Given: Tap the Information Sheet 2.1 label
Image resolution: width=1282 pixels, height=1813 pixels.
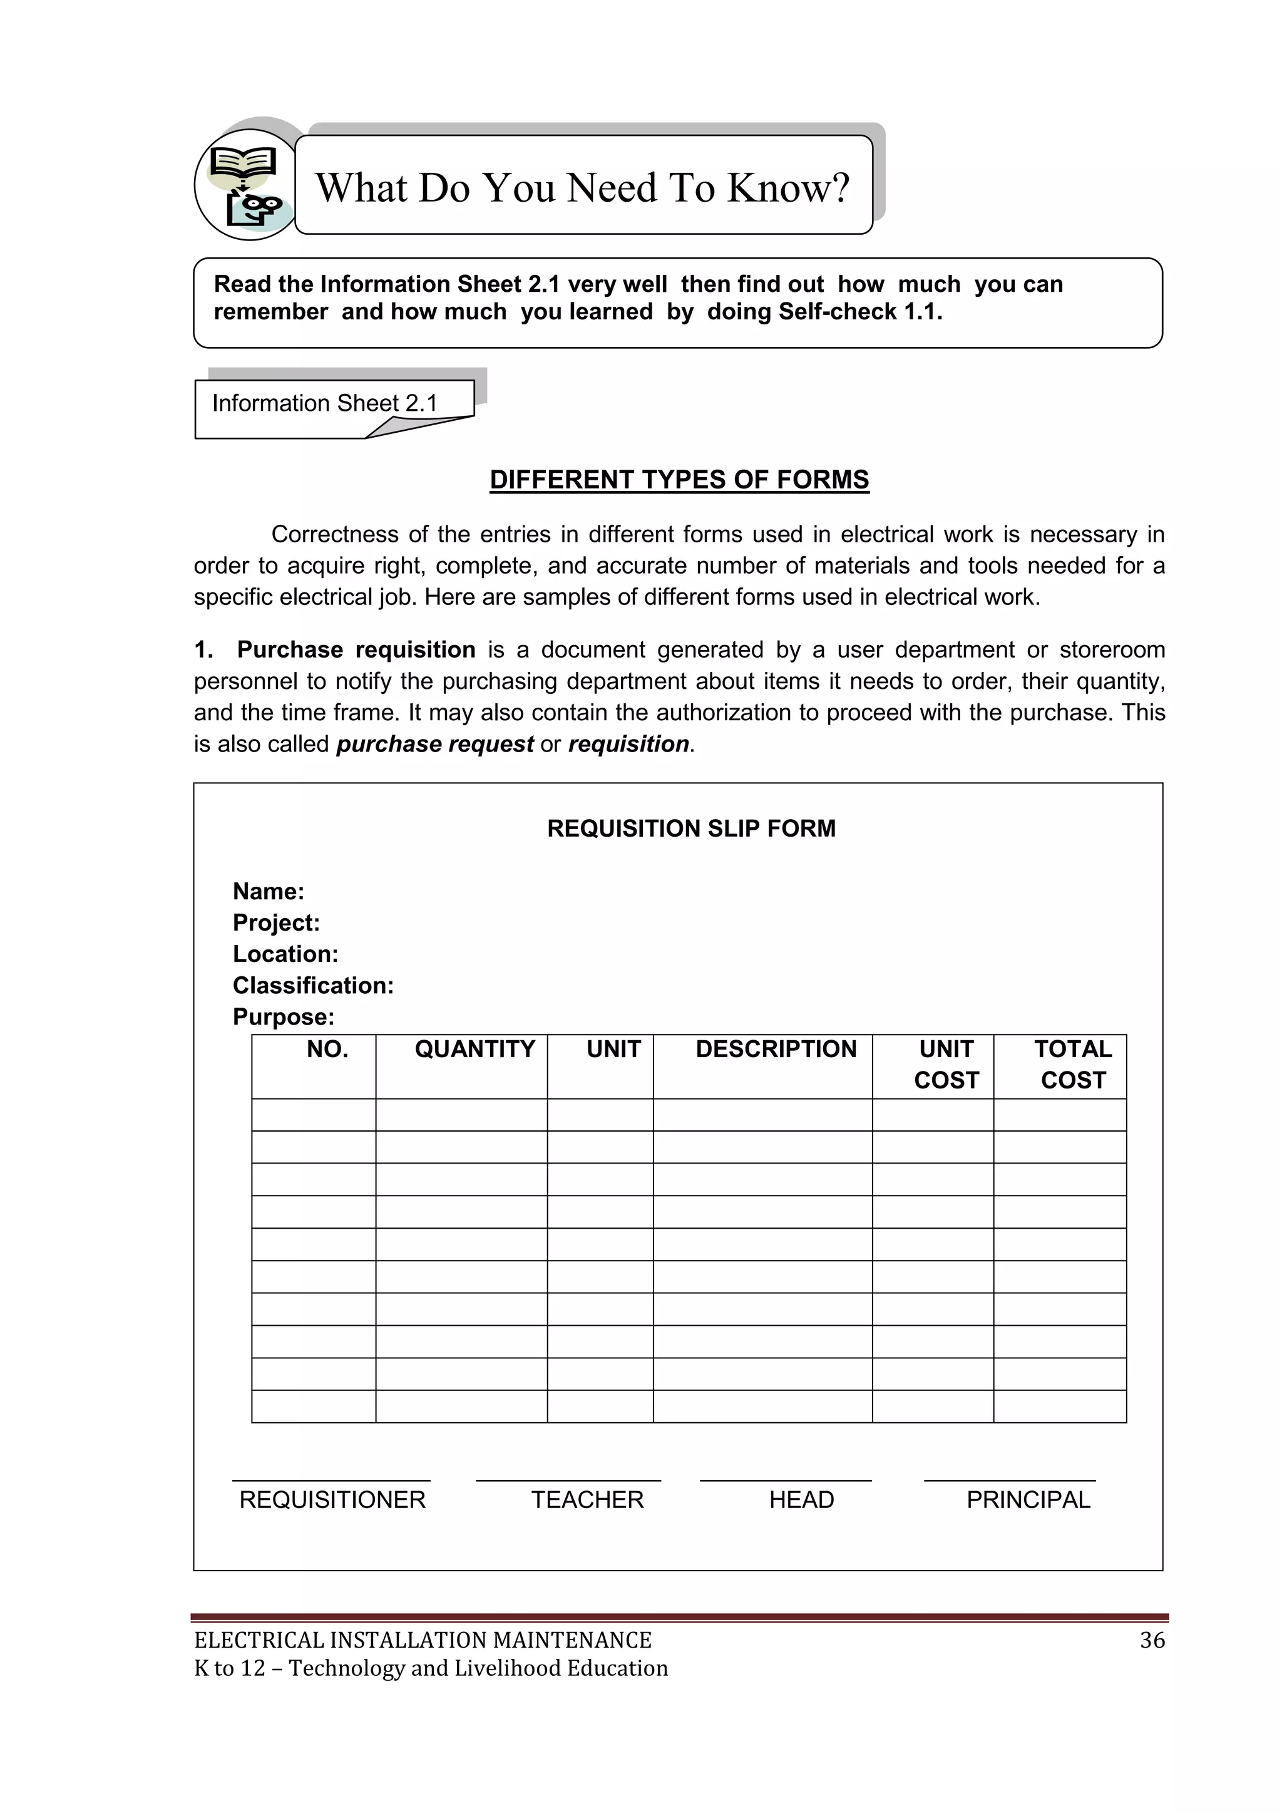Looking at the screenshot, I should pyautogui.click(x=324, y=403).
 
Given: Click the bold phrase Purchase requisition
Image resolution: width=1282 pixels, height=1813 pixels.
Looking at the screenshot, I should pyautogui.click(x=356, y=650).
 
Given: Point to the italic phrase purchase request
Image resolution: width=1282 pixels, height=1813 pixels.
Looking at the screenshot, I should pyautogui.click(x=435, y=744).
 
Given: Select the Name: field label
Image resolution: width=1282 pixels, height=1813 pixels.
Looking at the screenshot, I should pyautogui.click(x=269, y=892).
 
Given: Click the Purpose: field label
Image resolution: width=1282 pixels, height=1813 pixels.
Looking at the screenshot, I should pyautogui.click(x=284, y=1017).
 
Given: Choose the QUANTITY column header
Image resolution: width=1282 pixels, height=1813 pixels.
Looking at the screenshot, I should pyautogui.click(x=474, y=1050).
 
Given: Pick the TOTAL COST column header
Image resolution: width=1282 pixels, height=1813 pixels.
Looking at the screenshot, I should pyautogui.click(x=1073, y=1065).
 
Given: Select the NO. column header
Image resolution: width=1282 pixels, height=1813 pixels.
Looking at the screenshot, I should pyautogui.click(x=327, y=1050).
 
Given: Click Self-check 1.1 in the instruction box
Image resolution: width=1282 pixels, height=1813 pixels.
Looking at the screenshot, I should pyautogui.click(x=859, y=312).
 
